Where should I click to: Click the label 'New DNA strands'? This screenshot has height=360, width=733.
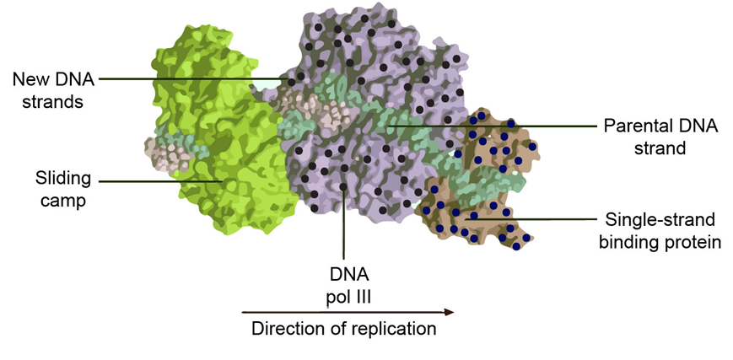click(x=51, y=90)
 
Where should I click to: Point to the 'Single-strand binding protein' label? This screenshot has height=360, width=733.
click(x=660, y=231)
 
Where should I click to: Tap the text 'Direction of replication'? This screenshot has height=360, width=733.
click(x=343, y=329)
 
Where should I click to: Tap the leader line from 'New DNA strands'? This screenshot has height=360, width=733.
click(x=194, y=80)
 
